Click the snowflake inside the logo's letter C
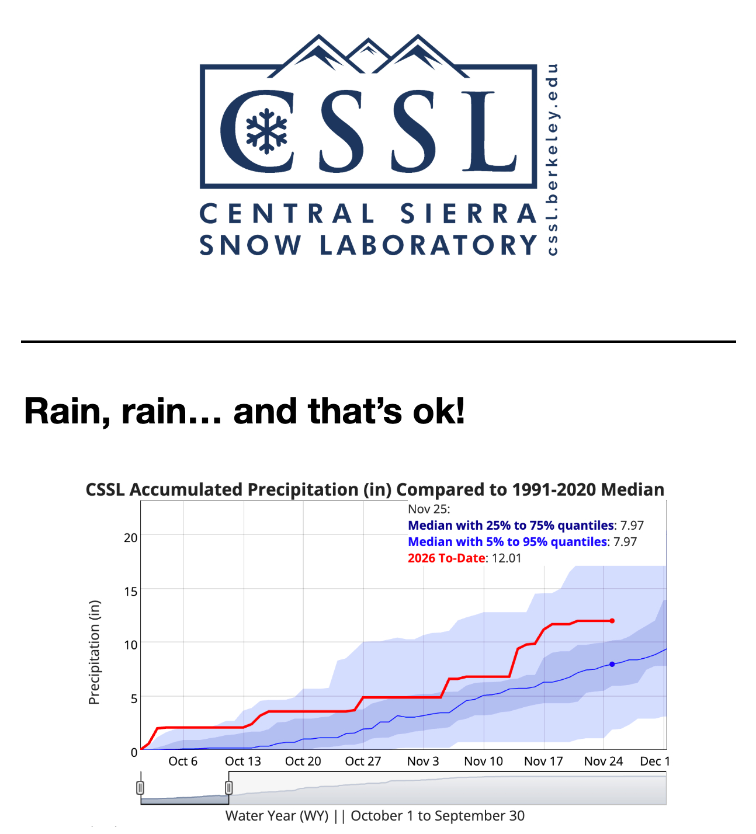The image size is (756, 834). tap(266, 131)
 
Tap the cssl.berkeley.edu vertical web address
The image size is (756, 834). tap(552, 159)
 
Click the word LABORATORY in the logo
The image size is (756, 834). tap(428, 245)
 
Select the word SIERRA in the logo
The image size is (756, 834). tap(469, 214)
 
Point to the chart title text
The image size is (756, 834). tap(374, 489)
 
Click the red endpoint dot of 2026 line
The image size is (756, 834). tap(612, 621)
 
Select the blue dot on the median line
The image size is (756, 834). tap(612, 664)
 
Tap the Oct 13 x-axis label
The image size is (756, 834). tap(243, 762)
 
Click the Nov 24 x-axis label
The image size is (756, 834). tap(603, 762)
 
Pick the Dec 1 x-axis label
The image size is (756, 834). tap(654, 762)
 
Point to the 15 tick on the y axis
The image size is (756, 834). tap(130, 591)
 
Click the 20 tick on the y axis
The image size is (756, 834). tap(130, 537)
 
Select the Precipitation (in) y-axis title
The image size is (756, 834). tap(94, 652)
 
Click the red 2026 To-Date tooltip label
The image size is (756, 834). tap(446, 558)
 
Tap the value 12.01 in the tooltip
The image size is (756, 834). tap(507, 558)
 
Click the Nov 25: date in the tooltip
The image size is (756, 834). tap(429, 509)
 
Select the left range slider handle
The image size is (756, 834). tap(140, 788)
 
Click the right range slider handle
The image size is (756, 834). tap(228, 788)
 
